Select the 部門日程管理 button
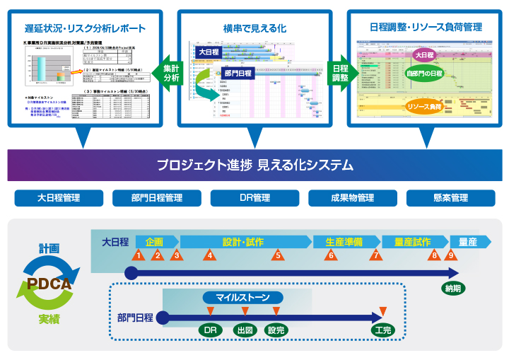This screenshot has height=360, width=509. (156, 198)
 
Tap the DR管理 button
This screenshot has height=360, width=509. (255, 198)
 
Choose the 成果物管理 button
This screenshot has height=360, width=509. (351, 198)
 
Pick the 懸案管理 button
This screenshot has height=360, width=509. (450, 198)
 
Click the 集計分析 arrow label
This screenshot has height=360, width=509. (171, 74)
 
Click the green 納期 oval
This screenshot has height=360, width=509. (453, 288)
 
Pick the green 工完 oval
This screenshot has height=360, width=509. (382, 330)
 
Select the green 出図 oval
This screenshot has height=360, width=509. (245, 330)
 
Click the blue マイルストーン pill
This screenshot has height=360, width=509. (243, 298)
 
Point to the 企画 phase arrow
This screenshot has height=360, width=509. (154, 242)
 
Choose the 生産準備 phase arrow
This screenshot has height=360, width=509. (344, 242)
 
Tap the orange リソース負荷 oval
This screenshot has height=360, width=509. (425, 107)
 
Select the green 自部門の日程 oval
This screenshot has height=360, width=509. (424, 74)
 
